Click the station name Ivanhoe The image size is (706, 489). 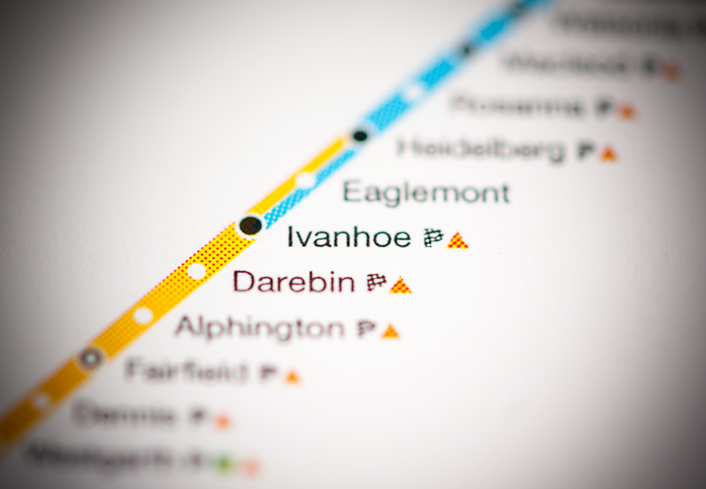[348, 237]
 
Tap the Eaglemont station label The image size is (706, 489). [426, 192]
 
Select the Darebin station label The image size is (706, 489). [294, 282]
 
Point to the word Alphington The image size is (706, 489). [259, 327]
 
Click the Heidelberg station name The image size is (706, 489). [481, 149]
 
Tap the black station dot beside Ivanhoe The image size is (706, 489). [251, 225]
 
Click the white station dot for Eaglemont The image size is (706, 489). [305, 180]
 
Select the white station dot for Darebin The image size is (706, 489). [197, 271]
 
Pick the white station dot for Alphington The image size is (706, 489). [143, 316]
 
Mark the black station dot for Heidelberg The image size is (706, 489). [360, 135]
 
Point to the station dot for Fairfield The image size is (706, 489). [90, 358]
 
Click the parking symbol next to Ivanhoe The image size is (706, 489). [434, 239]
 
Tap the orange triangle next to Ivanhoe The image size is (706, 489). [457, 241]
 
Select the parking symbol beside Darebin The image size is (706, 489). [376, 283]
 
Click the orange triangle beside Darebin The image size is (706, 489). [401, 286]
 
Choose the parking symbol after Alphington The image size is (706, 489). [366, 329]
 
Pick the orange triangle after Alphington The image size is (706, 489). [390, 331]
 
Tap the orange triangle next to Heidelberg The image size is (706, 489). [609, 154]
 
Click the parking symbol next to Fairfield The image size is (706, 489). [269, 373]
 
